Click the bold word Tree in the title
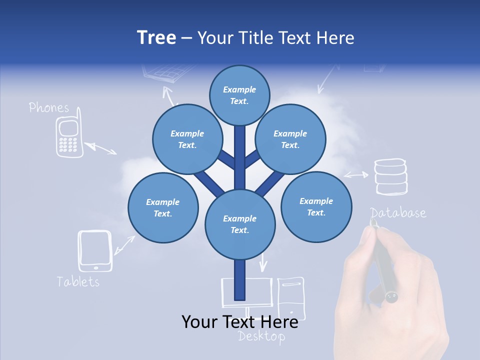click(156, 38)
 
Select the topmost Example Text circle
click(239, 95)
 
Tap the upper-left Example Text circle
click(187, 139)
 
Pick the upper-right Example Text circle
click(290, 139)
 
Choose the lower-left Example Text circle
click(163, 207)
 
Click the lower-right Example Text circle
click(316, 206)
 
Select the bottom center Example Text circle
click(240, 224)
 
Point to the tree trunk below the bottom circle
click(240, 280)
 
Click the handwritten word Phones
click(49, 107)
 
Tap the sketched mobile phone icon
click(68, 137)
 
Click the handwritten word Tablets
click(78, 281)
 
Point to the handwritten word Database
click(398, 213)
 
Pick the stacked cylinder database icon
click(391, 176)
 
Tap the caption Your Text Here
click(239, 322)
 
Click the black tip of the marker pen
click(391, 297)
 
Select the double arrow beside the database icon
click(356, 175)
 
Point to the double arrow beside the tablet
click(124, 244)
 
